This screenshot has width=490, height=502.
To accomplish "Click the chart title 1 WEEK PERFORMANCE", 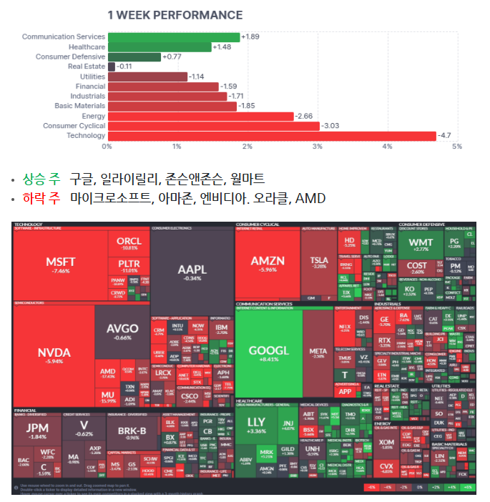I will click(175, 15).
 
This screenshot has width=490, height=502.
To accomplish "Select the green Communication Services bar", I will click(173, 37).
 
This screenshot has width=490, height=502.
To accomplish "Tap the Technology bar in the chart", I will click(271, 136).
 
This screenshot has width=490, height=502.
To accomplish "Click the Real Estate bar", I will click(111, 67).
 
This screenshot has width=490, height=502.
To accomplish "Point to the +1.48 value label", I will click(222, 47).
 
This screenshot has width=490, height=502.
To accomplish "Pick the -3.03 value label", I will click(330, 126).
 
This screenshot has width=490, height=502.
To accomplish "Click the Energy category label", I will click(93, 116).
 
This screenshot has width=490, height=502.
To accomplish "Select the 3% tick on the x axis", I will click(317, 147).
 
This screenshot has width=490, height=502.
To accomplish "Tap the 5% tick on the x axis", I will click(456, 147).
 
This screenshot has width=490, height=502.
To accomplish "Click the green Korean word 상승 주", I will click(42, 179).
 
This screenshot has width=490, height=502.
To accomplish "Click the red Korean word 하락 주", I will click(42, 198).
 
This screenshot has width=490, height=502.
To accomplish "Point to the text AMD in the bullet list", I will click(310, 198).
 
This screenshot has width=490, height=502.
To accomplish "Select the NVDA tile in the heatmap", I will click(54, 354).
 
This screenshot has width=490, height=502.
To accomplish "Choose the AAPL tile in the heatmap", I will click(192, 272).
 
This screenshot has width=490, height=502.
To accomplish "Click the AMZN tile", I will click(268, 265).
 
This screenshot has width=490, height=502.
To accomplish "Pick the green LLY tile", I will click(256, 425).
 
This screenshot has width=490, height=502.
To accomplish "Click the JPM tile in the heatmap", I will click(36, 430).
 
